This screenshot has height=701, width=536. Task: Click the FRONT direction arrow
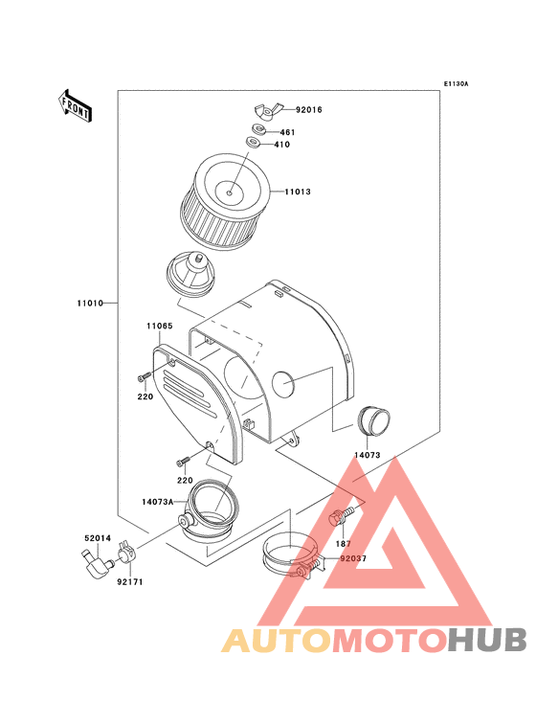[75, 106]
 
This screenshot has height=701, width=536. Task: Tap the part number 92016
[308, 110]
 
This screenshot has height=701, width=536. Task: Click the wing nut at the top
[268, 110]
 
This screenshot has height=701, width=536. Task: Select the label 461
[288, 132]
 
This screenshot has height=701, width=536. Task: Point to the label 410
[281, 145]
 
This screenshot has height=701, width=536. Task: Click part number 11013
[298, 192]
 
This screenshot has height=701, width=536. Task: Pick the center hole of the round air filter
[229, 193]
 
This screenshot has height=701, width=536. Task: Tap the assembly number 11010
[90, 304]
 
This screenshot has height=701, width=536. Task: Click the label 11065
[160, 326]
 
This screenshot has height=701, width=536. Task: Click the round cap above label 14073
[373, 420]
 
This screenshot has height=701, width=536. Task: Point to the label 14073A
[158, 502]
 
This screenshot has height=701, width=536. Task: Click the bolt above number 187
[342, 516]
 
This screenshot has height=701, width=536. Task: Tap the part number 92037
[353, 559]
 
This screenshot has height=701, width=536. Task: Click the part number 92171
[130, 582]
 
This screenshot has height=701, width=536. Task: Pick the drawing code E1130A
[456, 83]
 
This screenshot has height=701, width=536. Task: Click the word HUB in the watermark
[487, 640]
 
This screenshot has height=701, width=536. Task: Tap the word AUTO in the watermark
[277, 640]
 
